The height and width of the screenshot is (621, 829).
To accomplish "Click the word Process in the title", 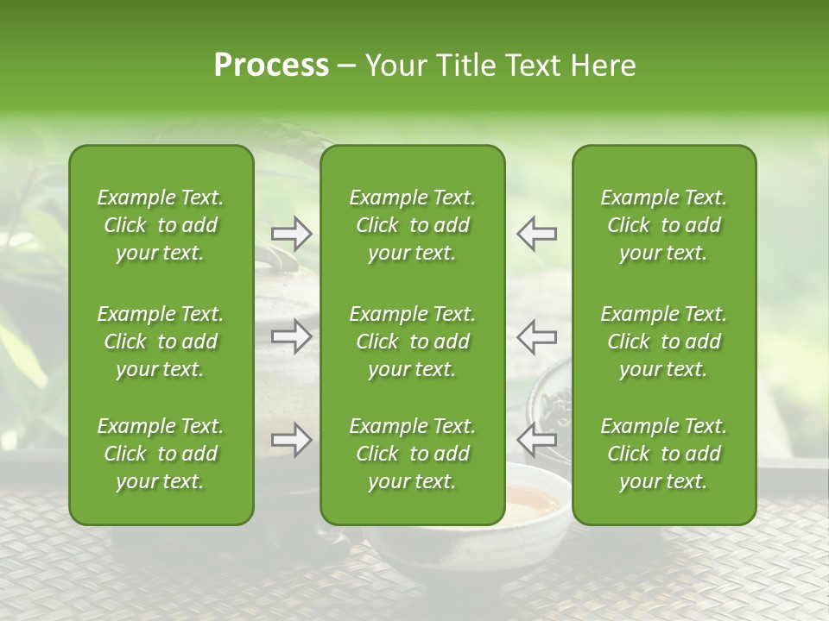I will [x=271, y=65].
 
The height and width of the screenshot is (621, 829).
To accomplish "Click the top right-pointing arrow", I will [x=291, y=234].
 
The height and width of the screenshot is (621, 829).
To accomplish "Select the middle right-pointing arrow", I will [x=291, y=336].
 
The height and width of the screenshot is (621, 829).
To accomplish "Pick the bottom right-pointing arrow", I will [x=291, y=440].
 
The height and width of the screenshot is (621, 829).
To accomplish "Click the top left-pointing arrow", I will [x=536, y=234].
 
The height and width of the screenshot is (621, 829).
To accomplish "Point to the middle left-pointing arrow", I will [x=536, y=336].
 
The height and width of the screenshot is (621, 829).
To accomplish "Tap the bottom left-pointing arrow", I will [x=536, y=440].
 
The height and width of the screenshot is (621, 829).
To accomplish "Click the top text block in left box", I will [x=161, y=225].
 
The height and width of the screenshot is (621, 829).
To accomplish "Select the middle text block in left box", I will [x=161, y=342].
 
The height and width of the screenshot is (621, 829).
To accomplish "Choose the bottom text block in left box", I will [x=161, y=454].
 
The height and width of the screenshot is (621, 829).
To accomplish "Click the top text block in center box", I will [x=413, y=225].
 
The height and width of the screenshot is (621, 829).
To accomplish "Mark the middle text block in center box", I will [x=413, y=342].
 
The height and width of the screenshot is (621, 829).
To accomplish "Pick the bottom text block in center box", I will [x=413, y=454].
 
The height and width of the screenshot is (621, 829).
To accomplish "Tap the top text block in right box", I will [x=664, y=225].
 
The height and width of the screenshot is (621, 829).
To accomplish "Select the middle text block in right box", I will [x=664, y=342].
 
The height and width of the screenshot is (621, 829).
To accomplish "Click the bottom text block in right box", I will [x=664, y=454].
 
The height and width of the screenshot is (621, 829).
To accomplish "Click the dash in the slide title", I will [x=347, y=66].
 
